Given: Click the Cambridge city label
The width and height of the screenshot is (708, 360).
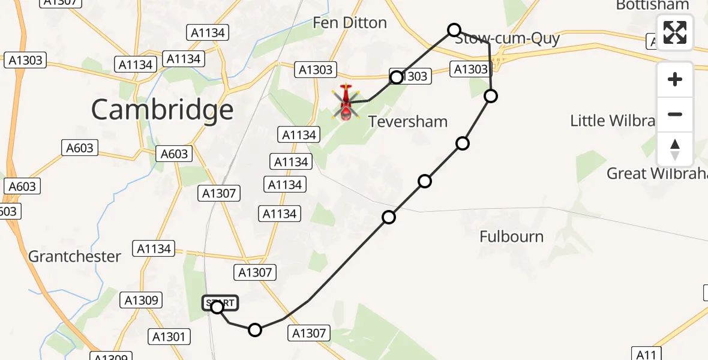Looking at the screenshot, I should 162,110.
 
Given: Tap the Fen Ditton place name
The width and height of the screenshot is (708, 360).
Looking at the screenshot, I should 350,23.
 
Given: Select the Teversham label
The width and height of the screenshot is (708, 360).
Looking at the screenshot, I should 408,122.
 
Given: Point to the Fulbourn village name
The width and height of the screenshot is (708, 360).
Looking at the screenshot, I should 511,236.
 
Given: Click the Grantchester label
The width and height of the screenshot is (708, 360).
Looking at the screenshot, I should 74,256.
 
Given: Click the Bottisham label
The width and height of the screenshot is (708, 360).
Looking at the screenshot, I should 652,5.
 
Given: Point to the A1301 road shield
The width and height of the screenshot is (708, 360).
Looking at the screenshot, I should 169,337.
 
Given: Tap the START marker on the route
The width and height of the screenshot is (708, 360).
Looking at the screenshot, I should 220,304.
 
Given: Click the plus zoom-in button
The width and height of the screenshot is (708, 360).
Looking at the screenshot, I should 675,80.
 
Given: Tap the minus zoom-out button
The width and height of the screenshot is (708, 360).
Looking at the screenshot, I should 675,114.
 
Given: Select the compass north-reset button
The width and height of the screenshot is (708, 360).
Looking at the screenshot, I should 675,149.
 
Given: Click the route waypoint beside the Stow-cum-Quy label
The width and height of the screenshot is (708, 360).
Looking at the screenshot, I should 454,30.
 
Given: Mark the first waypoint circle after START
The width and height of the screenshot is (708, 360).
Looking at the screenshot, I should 255,329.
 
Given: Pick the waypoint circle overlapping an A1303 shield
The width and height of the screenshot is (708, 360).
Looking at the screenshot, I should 396,77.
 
